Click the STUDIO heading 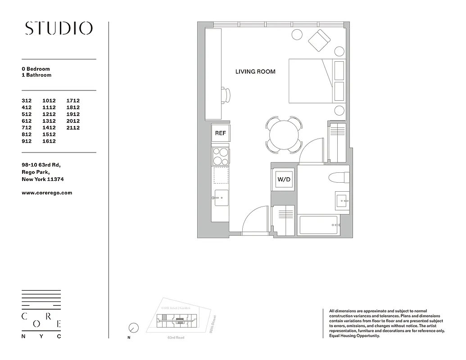point(59,28)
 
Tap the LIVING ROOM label point(255,72)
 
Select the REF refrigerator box point(220,133)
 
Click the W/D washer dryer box point(284,180)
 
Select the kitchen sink point(221,198)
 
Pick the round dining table point(284,134)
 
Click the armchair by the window point(319,40)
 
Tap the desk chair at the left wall point(226,95)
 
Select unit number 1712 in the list point(73,101)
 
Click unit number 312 point(27,101)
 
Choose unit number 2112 point(73,128)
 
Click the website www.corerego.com point(47,193)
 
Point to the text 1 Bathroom point(36,75)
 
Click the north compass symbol point(133,328)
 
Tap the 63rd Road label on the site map point(176,337)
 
